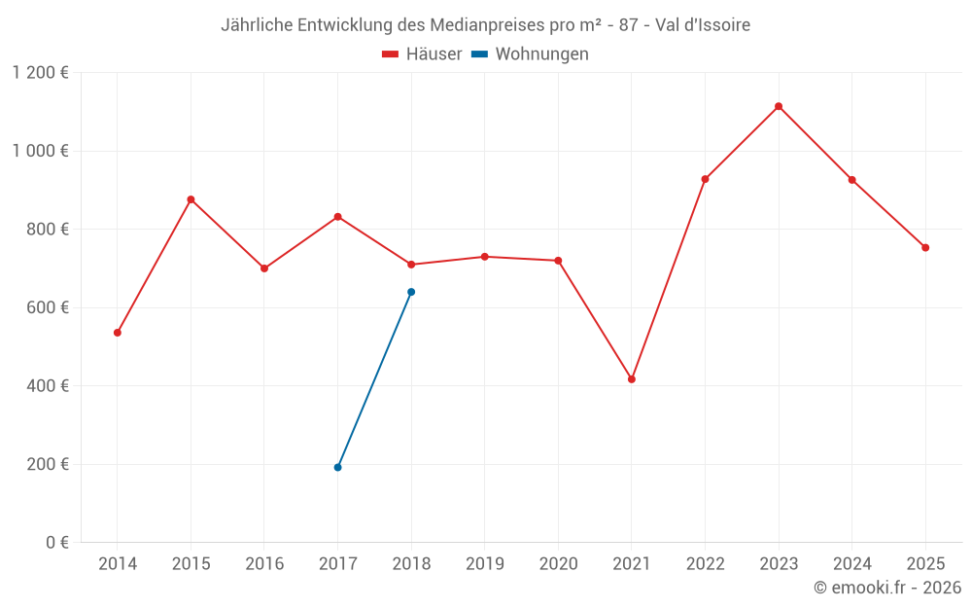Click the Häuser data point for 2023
point(779,106)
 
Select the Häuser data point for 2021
point(632,379)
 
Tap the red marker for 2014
point(118,333)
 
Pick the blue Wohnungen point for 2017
point(337,468)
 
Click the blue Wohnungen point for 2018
point(411,292)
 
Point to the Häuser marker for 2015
point(191,199)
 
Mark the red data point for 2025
point(925,247)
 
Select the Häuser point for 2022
point(705,179)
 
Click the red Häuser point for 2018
point(411,265)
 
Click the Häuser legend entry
point(422,54)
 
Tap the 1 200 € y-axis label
point(40,73)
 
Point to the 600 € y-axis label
point(47,307)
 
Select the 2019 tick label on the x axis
point(484,563)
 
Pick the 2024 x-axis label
point(851,563)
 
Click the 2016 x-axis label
point(264,563)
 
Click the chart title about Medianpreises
point(485,25)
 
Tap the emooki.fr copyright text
point(886,588)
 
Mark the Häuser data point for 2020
point(558,261)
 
